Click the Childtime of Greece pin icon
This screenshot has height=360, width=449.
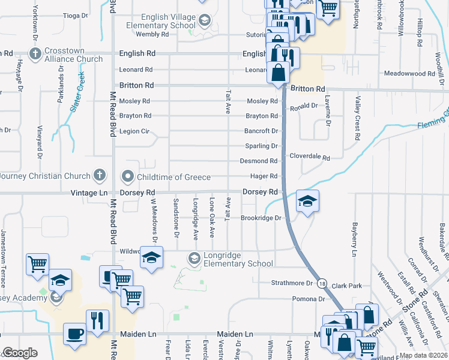click(x=127, y=177)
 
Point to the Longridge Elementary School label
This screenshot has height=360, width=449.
click(x=238, y=259)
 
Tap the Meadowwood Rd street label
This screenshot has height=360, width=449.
click(x=409, y=74)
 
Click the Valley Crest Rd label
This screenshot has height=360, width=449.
click(x=357, y=118)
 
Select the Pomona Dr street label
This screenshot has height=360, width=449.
click(x=309, y=298)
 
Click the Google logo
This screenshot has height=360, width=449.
click(x=20, y=353)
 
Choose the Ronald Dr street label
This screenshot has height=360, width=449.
click(x=304, y=106)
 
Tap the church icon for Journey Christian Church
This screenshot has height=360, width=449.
click(x=100, y=176)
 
